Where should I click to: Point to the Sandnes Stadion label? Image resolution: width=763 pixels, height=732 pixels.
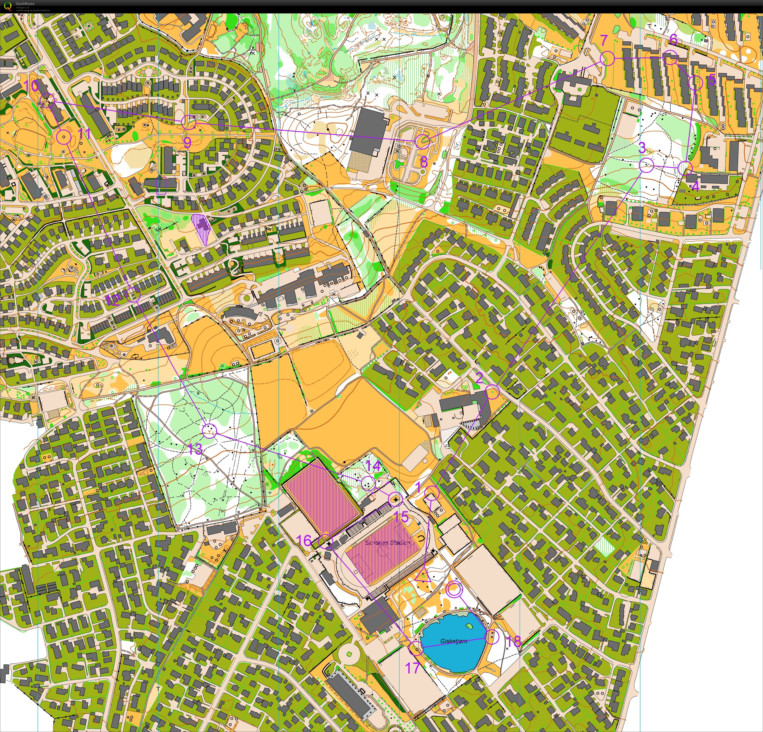pyautogui.click(x=387, y=542)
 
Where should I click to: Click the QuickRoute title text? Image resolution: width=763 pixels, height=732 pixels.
pyautogui.click(x=25, y=3)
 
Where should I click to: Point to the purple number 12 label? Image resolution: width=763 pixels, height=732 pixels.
pyautogui.click(x=112, y=300)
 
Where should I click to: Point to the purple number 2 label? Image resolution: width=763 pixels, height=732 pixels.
pyautogui.click(x=479, y=377)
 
